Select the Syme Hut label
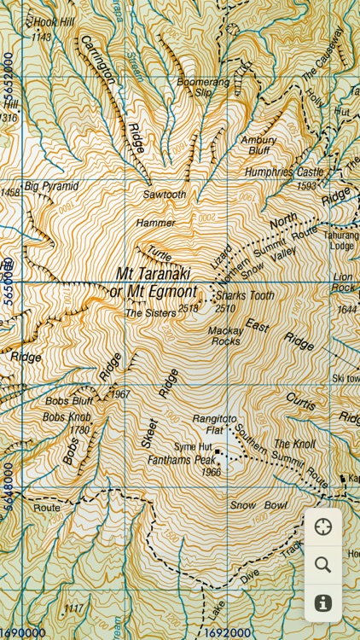click(x=193, y=446)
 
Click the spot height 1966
click(x=211, y=472)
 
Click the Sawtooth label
click(x=164, y=195)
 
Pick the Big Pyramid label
click(x=51, y=185)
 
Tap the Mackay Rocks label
click(x=224, y=335)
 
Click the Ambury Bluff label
click(x=258, y=146)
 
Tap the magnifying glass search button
click(x=322, y=564)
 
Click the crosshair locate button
click(x=322, y=527)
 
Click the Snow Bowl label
click(x=254, y=505)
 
